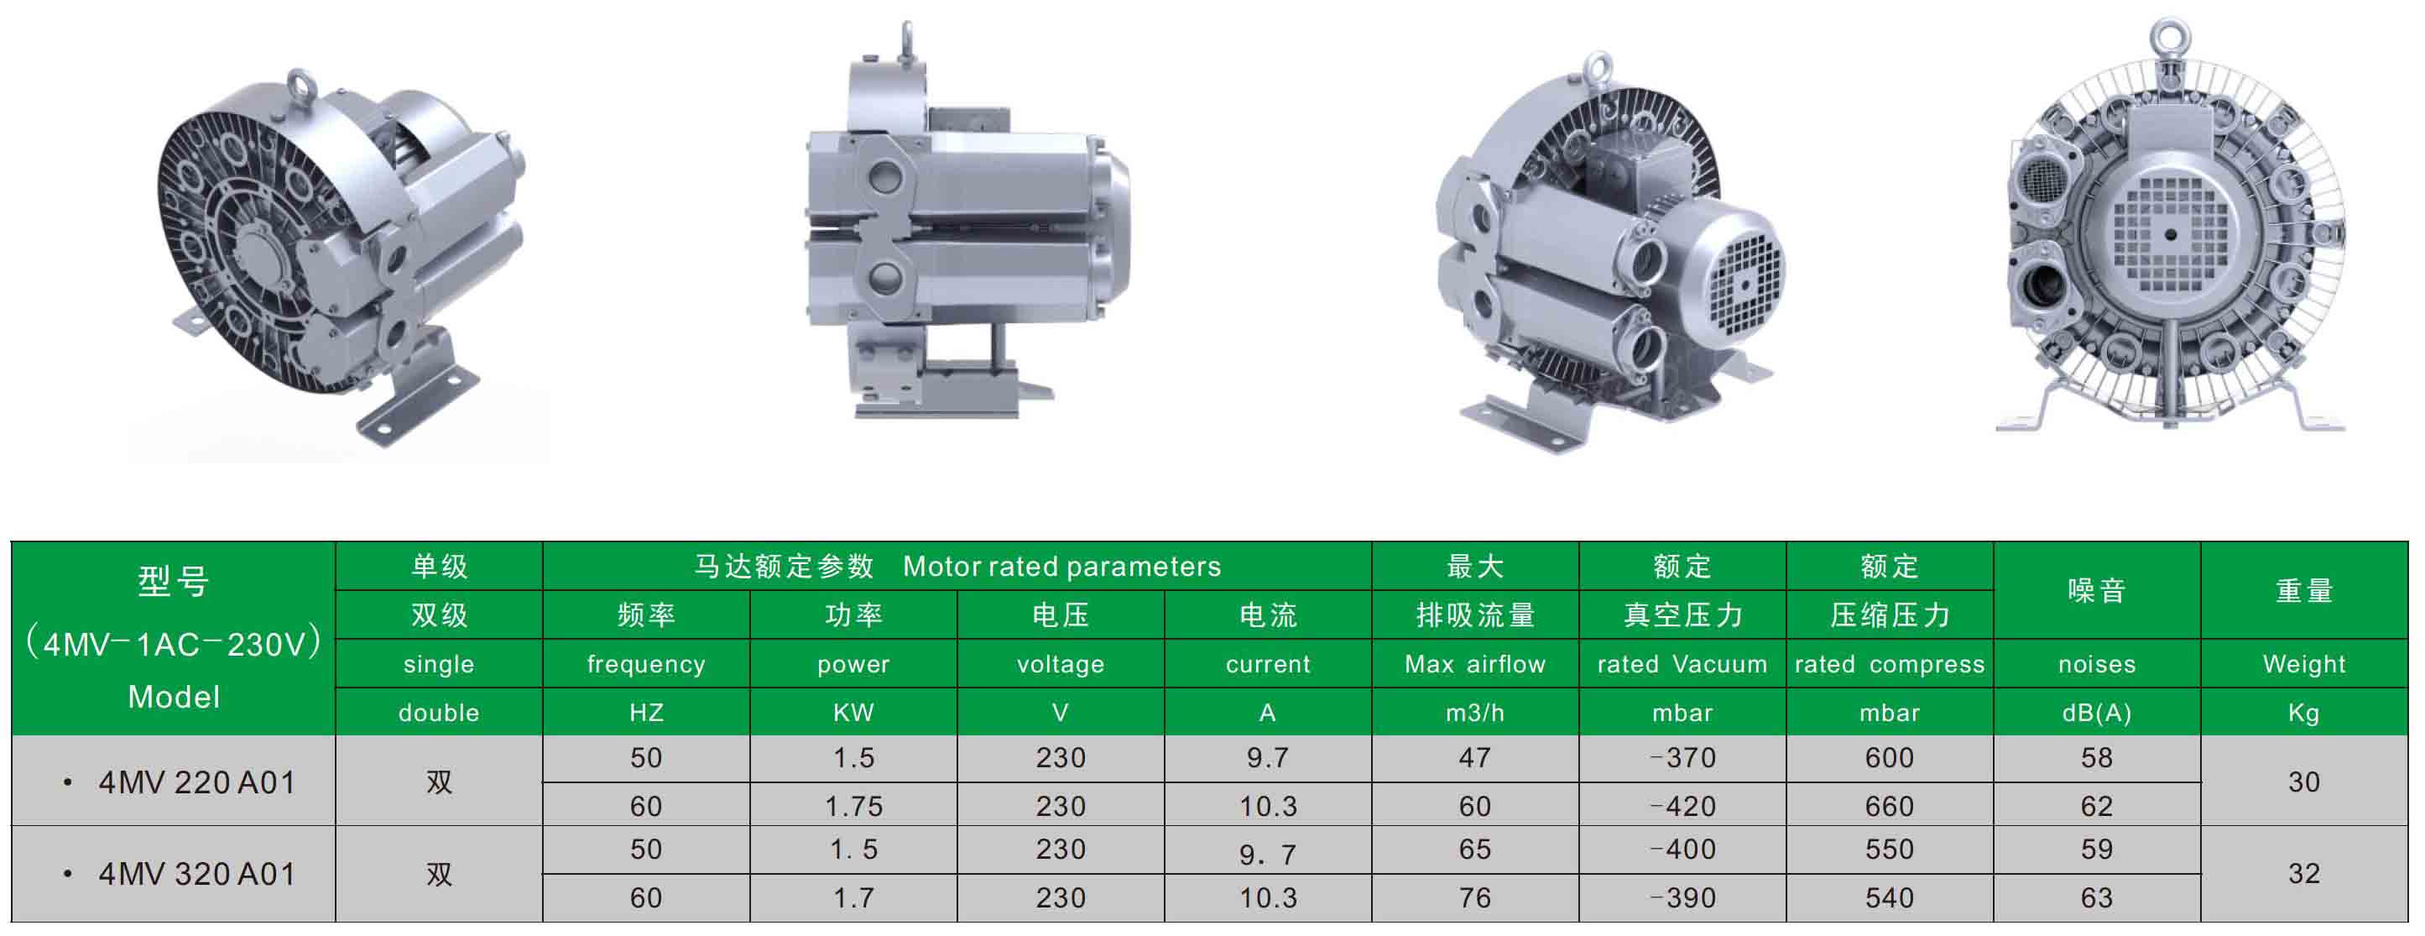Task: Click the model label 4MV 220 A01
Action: click(x=196, y=782)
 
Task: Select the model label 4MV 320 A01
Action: click(x=196, y=874)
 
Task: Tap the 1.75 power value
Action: click(x=854, y=807)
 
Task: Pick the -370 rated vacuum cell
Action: click(x=1682, y=758)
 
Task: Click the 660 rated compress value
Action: click(x=1890, y=807)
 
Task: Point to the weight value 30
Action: click(x=2303, y=782)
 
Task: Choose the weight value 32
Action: click(x=2303, y=874)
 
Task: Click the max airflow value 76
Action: click(x=1475, y=898)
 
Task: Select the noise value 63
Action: click(x=2096, y=898)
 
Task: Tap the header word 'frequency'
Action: click(x=646, y=665)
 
